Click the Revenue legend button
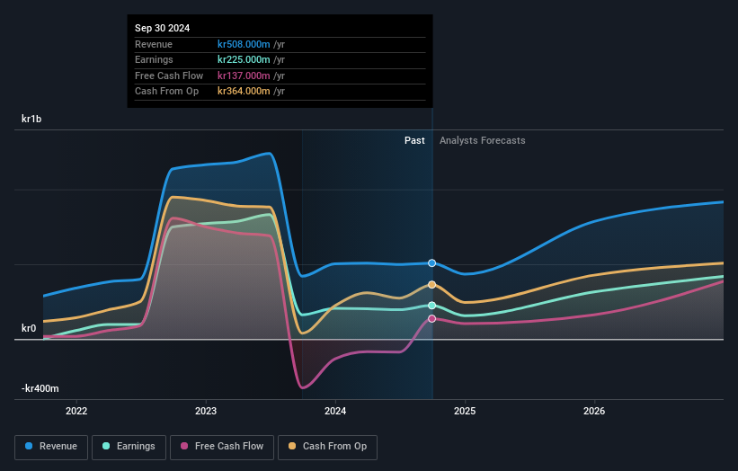[x=51, y=447]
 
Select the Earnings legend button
[x=129, y=447]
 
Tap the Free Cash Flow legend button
[x=221, y=447]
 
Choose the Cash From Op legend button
[x=329, y=447]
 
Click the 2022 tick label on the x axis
[x=76, y=412]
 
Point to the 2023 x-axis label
[x=206, y=412]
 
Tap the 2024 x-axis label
[x=335, y=412]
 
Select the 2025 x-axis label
[x=465, y=412]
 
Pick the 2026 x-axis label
[x=594, y=412]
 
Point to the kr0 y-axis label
[x=28, y=329]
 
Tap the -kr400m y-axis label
[x=40, y=388]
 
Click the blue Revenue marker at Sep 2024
[x=432, y=263]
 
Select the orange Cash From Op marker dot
[x=432, y=285]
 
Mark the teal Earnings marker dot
[x=432, y=306]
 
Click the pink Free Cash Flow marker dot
[x=432, y=318]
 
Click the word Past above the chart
[x=414, y=140]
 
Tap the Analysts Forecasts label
[x=482, y=140]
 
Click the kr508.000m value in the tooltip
[x=245, y=44]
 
